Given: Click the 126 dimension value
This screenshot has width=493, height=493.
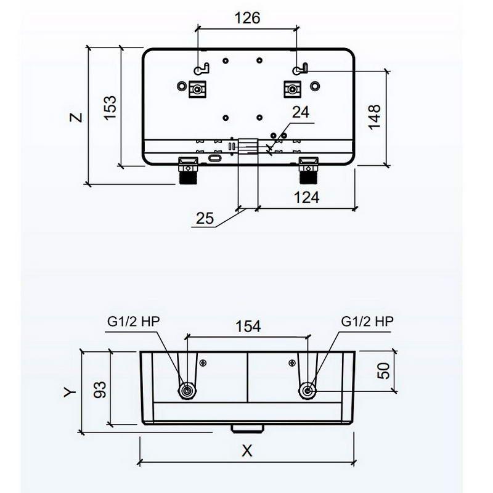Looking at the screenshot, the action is coord(248,18).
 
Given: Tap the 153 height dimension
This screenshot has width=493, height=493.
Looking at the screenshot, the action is coord(110,107).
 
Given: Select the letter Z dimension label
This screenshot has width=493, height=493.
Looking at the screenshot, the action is coord(76,117).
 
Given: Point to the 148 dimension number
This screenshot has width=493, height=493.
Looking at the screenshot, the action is coord(374,116).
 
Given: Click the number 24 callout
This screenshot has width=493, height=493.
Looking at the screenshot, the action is coord(301,112).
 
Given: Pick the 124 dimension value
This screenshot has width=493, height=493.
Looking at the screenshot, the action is coord(306,197).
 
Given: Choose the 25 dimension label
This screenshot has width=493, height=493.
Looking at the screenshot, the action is coord(205,218).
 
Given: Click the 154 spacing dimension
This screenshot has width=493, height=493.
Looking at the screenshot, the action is coord(248,326).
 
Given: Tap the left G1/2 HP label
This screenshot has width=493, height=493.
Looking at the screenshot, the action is coord(134,321).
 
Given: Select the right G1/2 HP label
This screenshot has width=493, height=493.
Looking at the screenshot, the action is coord(367,321).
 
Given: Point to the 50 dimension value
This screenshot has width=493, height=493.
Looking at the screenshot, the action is coord(383,371).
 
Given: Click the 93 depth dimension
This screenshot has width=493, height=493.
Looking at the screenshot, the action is coord(100,389).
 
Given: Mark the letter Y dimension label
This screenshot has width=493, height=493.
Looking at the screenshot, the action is coord(70,392).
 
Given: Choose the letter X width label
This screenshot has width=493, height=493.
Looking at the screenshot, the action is coord(247,451).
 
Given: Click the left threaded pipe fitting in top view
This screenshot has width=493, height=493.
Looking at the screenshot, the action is coord(188,171).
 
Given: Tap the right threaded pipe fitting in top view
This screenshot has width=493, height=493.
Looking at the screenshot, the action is coord(308,171).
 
